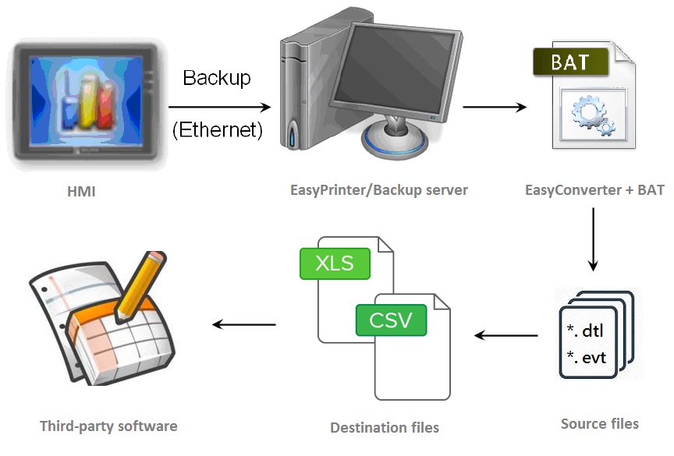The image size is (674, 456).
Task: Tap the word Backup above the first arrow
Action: [x=217, y=78]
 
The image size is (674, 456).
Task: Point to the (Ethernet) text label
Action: [x=217, y=129]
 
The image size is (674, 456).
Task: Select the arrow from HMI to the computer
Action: [x=218, y=105]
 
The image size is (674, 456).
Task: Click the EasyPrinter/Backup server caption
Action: [x=379, y=189]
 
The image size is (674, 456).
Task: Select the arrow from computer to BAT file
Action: [x=494, y=105]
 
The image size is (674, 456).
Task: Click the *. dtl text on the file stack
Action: [x=586, y=331]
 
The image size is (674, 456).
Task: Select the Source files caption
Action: [x=599, y=424]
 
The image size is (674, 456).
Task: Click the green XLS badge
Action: [x=335, y=263]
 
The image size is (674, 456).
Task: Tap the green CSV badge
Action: [x=391, y=320]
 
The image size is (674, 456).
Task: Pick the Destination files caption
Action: [x=385, y=427]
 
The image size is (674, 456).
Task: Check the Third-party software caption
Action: [x=108, y=426]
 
